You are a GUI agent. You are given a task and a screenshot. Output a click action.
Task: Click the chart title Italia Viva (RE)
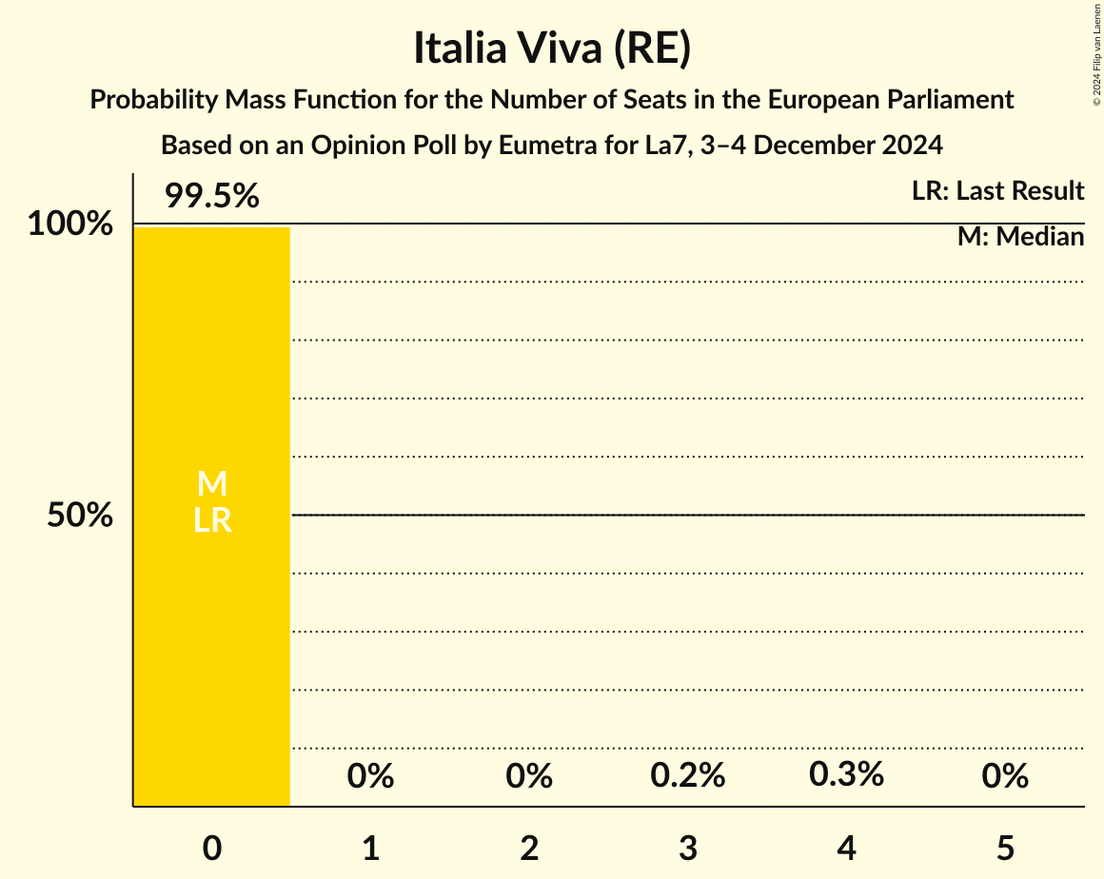tap(551, 48)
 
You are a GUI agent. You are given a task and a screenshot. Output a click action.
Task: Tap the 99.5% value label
tap(211, 196)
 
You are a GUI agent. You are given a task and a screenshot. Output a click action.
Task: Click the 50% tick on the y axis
tap(80, 516)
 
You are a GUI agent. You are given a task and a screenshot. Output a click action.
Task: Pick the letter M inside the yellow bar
tap(211, 484)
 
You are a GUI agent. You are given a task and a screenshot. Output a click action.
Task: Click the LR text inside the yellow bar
tap(211, 520)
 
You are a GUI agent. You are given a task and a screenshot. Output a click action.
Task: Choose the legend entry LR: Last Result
tap(997, 191)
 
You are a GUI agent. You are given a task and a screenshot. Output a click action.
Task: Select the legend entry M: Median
tap(1020, 237)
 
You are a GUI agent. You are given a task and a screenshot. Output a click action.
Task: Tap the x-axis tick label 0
tap(211, 848)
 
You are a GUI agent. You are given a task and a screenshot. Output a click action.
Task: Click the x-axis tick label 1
tap(370, 848)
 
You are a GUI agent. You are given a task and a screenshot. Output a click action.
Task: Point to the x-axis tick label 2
tap(529, 848)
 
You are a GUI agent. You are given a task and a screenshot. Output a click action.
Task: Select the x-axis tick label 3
tap(688, 848)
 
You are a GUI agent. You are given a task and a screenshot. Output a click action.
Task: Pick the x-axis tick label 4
tap(846, 848)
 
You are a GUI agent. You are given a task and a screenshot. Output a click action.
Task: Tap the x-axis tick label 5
tap(1005, 848)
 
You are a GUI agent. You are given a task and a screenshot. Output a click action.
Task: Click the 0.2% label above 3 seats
tap(688, 776)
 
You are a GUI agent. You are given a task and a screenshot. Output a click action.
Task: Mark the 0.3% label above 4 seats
tap(846, 774)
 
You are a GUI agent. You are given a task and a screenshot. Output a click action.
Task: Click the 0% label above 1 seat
tap(370, 776)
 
